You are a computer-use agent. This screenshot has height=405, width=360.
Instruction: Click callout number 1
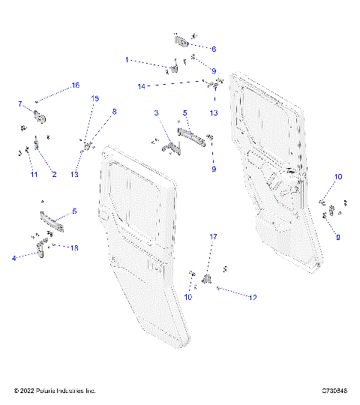tap(127, 58)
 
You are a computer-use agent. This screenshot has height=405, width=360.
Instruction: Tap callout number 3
tap(156, 112)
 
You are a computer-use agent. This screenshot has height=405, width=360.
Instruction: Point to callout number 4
tap(14, 259)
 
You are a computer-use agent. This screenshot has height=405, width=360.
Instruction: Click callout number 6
tap(214, 49)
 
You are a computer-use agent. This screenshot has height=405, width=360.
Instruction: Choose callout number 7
tap(20, 103)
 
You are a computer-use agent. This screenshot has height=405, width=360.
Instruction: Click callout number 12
tap(253, 297)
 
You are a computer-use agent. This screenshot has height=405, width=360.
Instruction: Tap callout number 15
tap(94, 98)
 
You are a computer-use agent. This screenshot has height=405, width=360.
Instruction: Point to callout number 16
tap(75, 86)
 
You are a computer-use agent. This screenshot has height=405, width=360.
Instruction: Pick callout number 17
tap(212, 237)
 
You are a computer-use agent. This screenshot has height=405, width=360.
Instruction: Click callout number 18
tap(73, 247)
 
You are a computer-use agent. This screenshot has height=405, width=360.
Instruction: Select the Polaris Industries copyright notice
tap(55, 391)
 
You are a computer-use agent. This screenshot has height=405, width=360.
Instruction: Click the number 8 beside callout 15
tap(115, 112)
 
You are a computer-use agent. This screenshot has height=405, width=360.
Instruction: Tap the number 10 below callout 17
tap(188, 298)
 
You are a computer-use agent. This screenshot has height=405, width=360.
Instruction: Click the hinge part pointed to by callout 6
tap(182, 41)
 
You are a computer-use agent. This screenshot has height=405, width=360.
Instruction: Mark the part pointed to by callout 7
tap(39, 116)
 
